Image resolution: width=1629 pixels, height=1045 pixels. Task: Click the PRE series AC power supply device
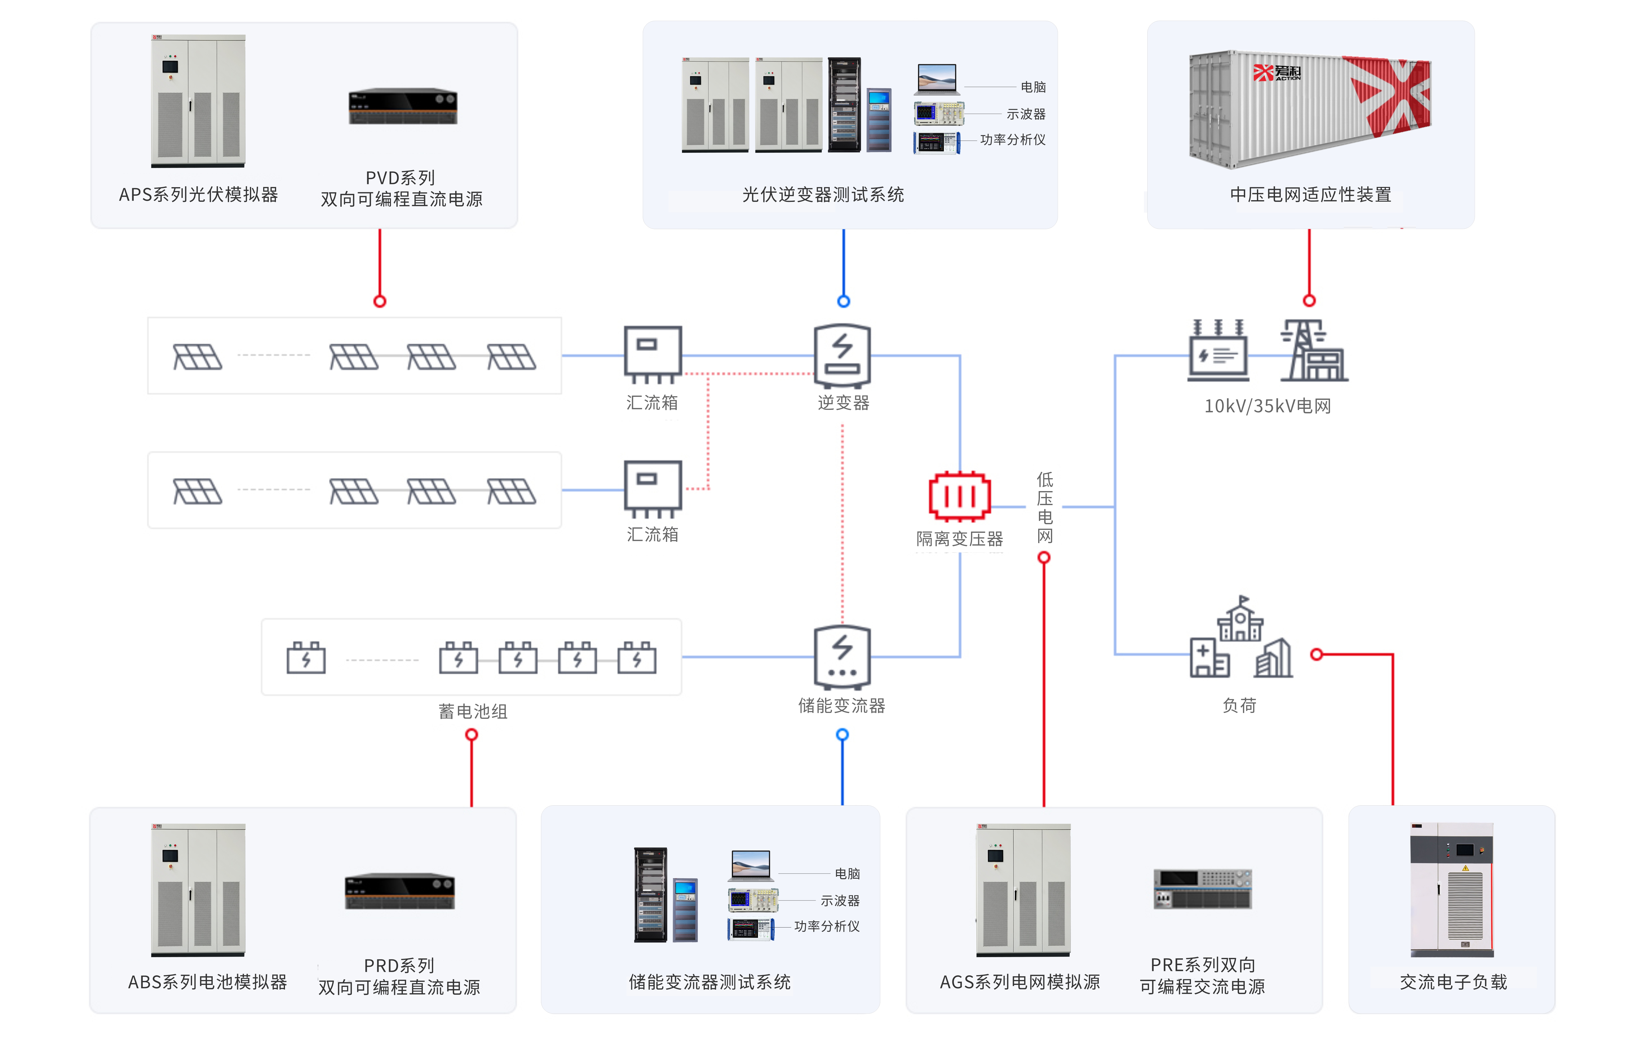point(1202,889)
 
